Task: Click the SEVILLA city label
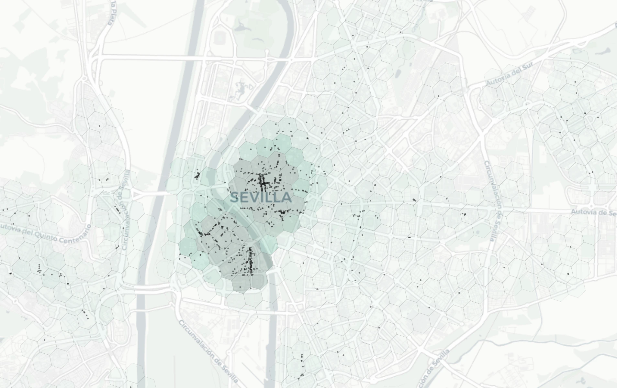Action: pyautogui.click(x=261, y=198)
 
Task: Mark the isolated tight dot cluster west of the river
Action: pyautogui.click(x=197, y=176)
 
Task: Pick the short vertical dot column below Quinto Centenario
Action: pyautogui.click(x=39, y=268)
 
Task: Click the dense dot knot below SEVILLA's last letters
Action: pyautogui.click(x=282, y=212)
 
